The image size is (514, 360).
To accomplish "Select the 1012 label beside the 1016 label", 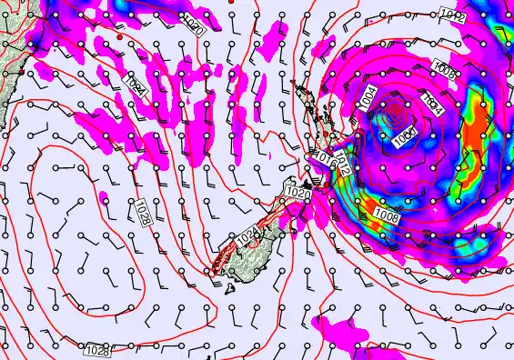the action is point(344,165).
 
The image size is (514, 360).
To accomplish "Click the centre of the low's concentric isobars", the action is point(396,116).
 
